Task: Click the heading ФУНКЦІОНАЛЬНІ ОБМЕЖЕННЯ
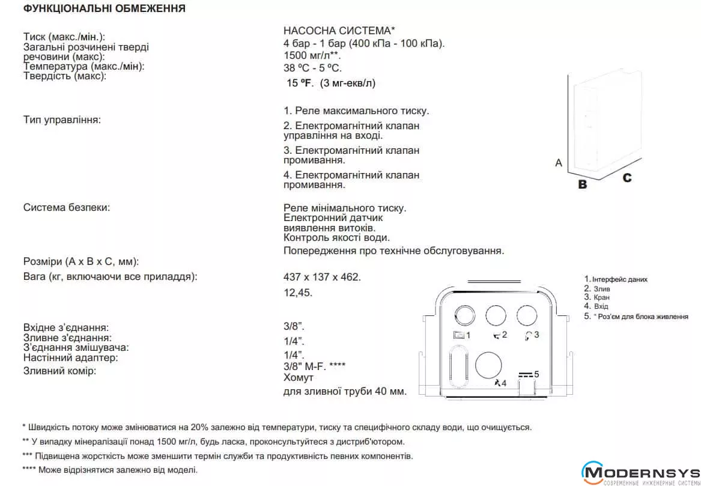[x=105, y=9]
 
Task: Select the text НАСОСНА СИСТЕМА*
[x=339, y=31]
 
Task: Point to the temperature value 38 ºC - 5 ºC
[x=312, y=68]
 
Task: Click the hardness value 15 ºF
[x=300, y=83]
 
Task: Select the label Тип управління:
[x=62, y=120]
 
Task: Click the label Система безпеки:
[x=67, y=208]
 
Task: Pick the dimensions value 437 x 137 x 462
[x=322, y=277]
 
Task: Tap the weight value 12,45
[x=298, y=293]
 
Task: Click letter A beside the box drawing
[x=559, y=163]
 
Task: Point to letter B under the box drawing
[x=582, y=184]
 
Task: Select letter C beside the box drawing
[x=627, y=178]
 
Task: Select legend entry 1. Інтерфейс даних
[x=616, y=279]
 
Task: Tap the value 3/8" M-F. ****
[x=314, y=366]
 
